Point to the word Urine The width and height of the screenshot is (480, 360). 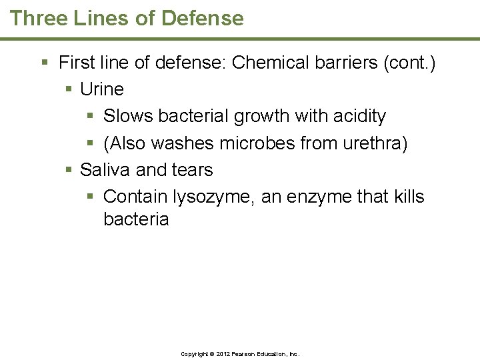pos(102,89)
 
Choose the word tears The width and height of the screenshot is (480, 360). pos(192,170)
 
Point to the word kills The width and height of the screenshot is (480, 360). pos(408,197)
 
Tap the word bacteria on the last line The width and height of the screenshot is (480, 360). pos(136,219)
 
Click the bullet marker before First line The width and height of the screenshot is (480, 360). pos(45,63)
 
